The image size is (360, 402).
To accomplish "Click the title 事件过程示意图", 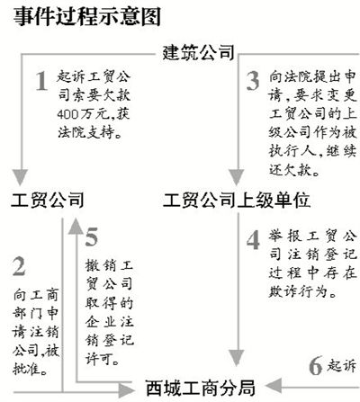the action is point(87,16).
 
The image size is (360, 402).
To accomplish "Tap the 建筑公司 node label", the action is point(198,53).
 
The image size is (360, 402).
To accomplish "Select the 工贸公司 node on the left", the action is point(48,200).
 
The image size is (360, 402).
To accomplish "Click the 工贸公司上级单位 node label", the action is point(237,200).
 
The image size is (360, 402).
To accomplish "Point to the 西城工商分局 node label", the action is point(200,388).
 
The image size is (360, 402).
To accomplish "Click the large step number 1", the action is point(41,81).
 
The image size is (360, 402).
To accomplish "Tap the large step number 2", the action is point(19,266).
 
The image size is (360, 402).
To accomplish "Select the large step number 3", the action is point(253,81).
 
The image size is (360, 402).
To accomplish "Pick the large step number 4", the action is point(253,240).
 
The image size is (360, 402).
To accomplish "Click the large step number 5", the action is point(92,237).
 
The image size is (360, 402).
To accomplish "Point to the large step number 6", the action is point(316,365).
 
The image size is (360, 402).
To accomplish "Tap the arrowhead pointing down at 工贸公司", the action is point(21,177).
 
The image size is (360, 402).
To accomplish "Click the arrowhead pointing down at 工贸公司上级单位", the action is point(237,177).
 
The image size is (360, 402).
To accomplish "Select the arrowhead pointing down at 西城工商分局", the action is point(237,358).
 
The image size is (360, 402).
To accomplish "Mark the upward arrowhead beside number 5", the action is point(76,226).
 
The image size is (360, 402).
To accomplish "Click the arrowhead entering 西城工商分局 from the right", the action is point(274,385).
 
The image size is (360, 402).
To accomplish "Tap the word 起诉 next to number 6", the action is point(342,366).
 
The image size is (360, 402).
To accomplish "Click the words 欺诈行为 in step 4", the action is point(298,291).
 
